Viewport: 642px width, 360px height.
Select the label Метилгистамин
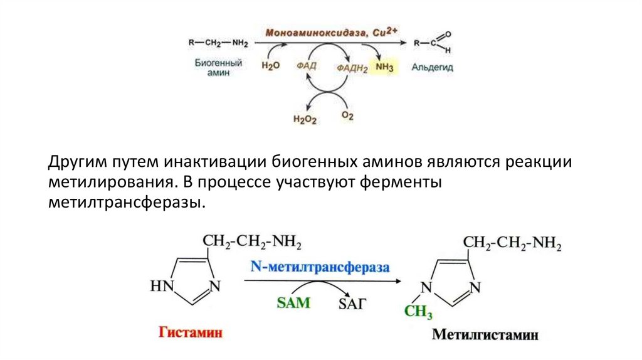coord(485,334)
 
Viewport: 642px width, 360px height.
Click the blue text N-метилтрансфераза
coord(320,267)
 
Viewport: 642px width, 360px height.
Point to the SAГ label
coord(352,304)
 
